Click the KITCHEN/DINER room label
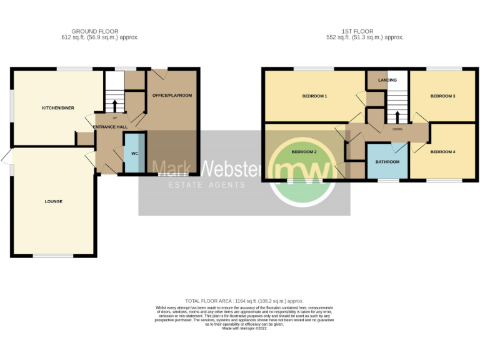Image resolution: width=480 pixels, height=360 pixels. coord(58,108)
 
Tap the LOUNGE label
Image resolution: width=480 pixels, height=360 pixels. coord(53,201)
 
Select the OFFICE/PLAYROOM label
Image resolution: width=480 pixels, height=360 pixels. coord(172,95)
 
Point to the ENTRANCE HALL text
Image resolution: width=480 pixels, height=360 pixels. coord(110,127)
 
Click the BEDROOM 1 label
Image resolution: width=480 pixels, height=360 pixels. coord(314,96)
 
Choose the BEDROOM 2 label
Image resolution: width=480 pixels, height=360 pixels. coord(304,152)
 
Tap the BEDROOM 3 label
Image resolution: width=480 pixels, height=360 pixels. coord(442,96)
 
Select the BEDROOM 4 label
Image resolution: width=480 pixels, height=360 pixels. coord(443,152)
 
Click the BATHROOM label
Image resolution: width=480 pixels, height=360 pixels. coord(387,162)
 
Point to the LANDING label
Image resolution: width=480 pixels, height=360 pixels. coord(387,80)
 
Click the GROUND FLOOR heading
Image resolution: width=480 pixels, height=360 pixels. coord(95,31)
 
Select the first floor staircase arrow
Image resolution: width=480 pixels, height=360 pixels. coord(396,117)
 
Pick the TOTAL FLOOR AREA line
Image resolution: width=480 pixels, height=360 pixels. coord(244,301)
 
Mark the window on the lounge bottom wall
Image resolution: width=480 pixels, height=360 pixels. coord(52,256)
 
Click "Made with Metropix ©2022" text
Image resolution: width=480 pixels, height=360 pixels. coord(244,328)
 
